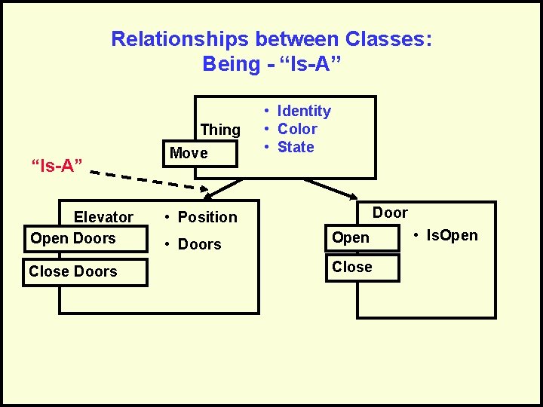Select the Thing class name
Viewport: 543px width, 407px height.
tap(220, 130)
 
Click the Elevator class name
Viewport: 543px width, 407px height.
tap(103, 217)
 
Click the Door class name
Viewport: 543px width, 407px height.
tap(390, 213)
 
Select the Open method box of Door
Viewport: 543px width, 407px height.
tap(361, 238)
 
